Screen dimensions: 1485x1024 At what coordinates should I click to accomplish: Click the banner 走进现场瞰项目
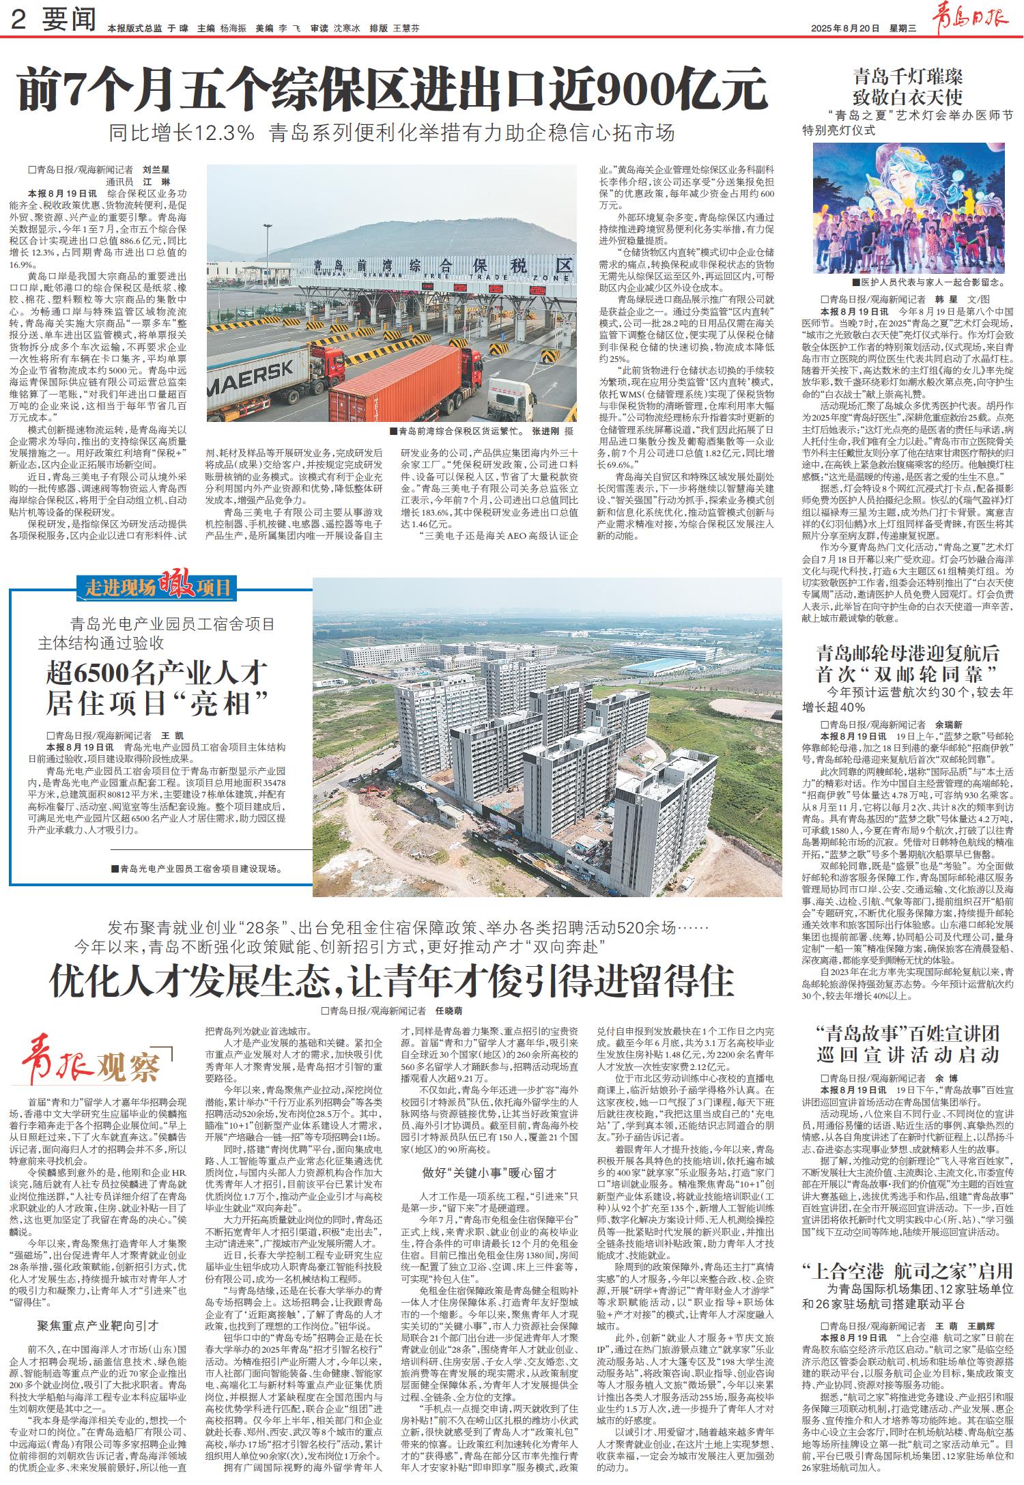158,586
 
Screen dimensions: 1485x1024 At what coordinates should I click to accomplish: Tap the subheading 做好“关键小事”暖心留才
489,1154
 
